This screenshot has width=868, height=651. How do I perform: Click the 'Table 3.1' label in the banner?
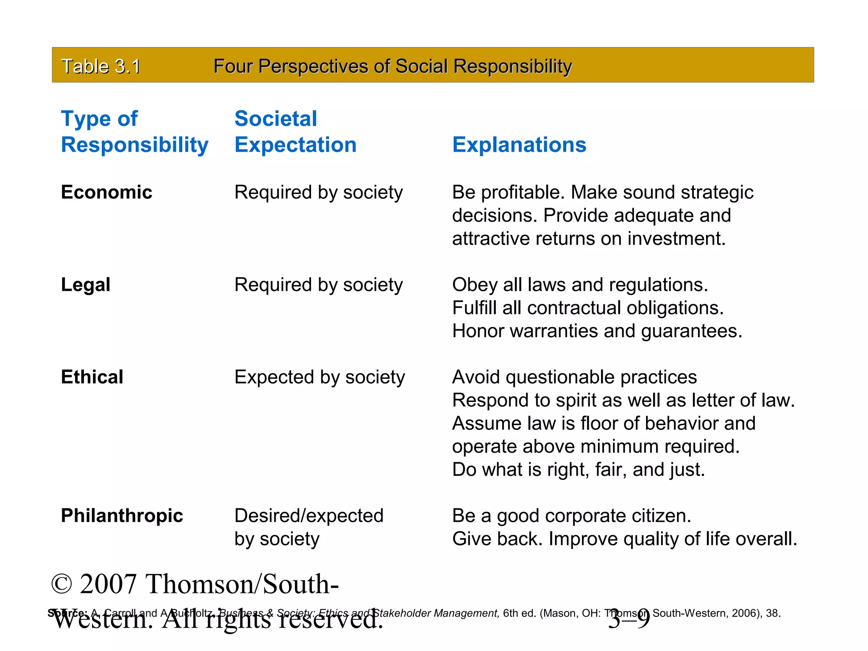point(100,67)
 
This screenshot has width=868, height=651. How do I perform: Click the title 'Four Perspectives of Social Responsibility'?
point(392,67)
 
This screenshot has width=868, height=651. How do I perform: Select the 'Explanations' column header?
point(519,145)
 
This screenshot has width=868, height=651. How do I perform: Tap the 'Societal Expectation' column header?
point(295,132)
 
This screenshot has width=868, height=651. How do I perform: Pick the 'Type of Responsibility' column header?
point(134,132)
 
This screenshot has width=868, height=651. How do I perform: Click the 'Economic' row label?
point(106,192)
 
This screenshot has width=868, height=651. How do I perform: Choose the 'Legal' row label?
point(86,285)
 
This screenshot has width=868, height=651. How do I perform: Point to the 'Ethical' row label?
point(92,377)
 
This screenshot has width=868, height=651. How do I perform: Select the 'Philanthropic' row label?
point(122,516)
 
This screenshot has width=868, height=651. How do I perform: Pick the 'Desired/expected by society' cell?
point(309,527)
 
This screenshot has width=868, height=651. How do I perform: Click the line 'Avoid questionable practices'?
point(574,377)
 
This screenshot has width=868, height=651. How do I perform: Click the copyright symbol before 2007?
point(62,584)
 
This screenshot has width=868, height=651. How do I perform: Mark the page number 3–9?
point(629,620)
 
